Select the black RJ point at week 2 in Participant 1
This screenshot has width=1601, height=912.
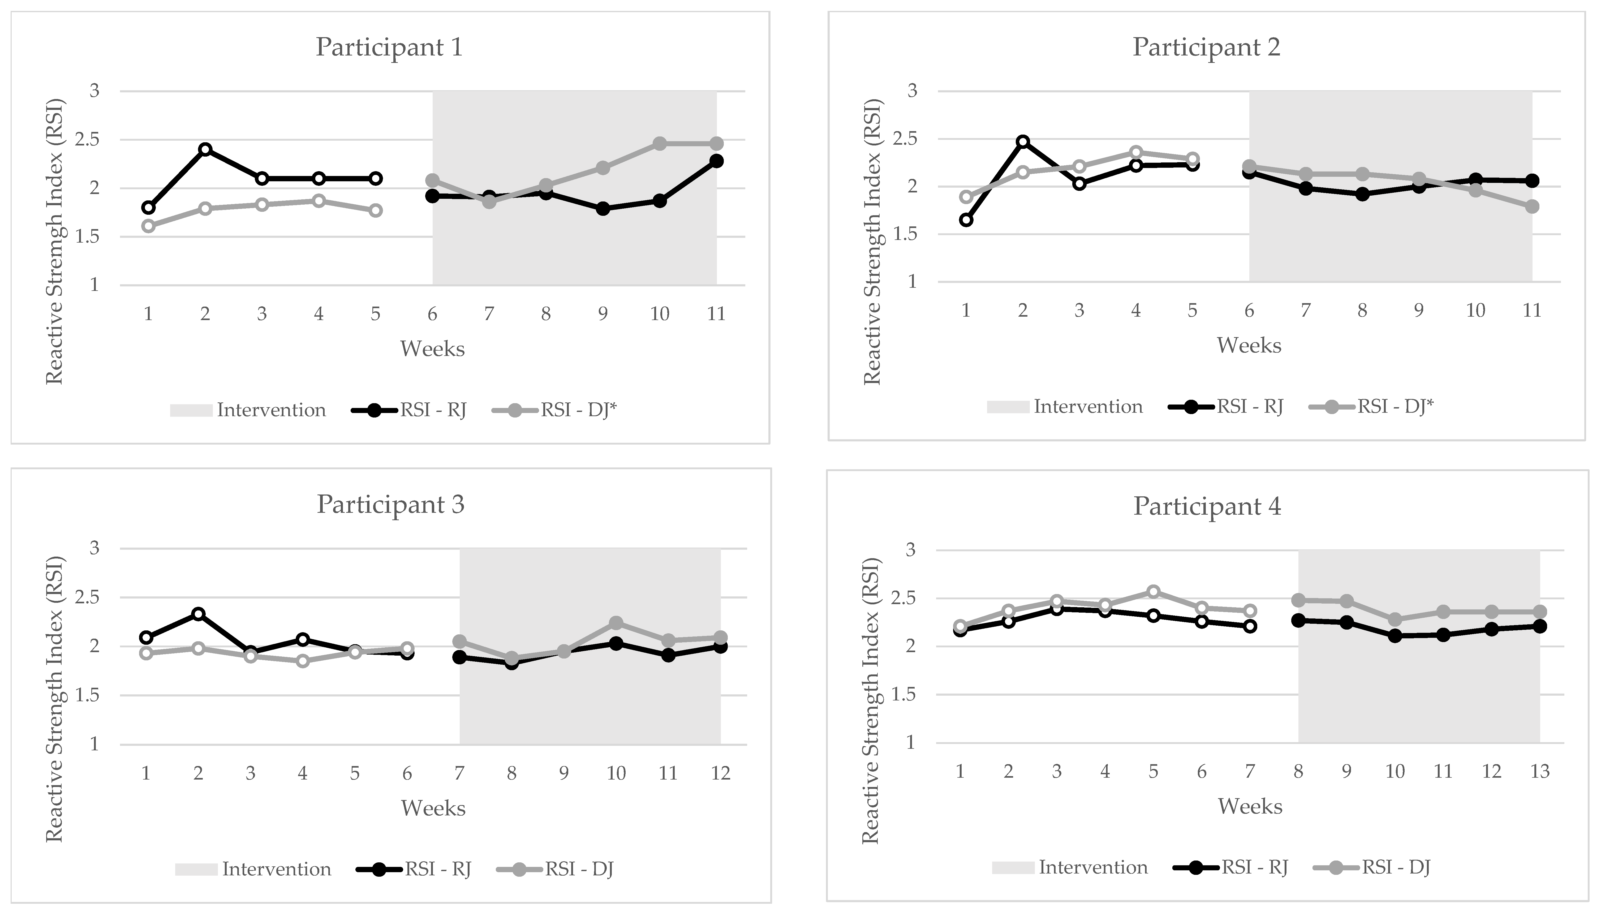205,149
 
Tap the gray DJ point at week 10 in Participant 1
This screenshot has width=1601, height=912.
660,143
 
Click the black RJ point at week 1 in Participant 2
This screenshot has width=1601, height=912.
966,220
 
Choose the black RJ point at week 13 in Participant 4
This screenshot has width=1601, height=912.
1540,626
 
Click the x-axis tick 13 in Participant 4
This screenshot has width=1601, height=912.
1540,771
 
